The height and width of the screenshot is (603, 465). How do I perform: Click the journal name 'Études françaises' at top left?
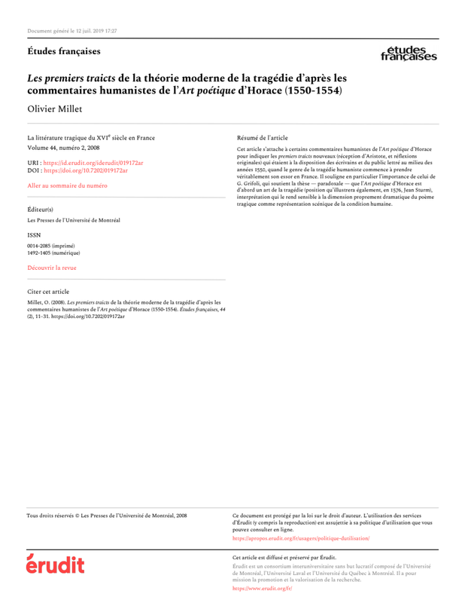(x=63, y=51)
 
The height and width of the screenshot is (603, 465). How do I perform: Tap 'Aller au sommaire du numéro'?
(x=67, y=185)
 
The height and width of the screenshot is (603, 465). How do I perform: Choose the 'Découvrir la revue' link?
(x=52, y=268)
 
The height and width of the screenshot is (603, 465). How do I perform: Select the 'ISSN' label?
(x=34, y=234)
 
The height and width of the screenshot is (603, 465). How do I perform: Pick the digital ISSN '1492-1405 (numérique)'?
(x=53, y=253)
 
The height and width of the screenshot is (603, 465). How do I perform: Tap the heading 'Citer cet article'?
(x=48, y=290)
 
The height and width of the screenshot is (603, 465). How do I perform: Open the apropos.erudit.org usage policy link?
(x=301, y=539)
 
